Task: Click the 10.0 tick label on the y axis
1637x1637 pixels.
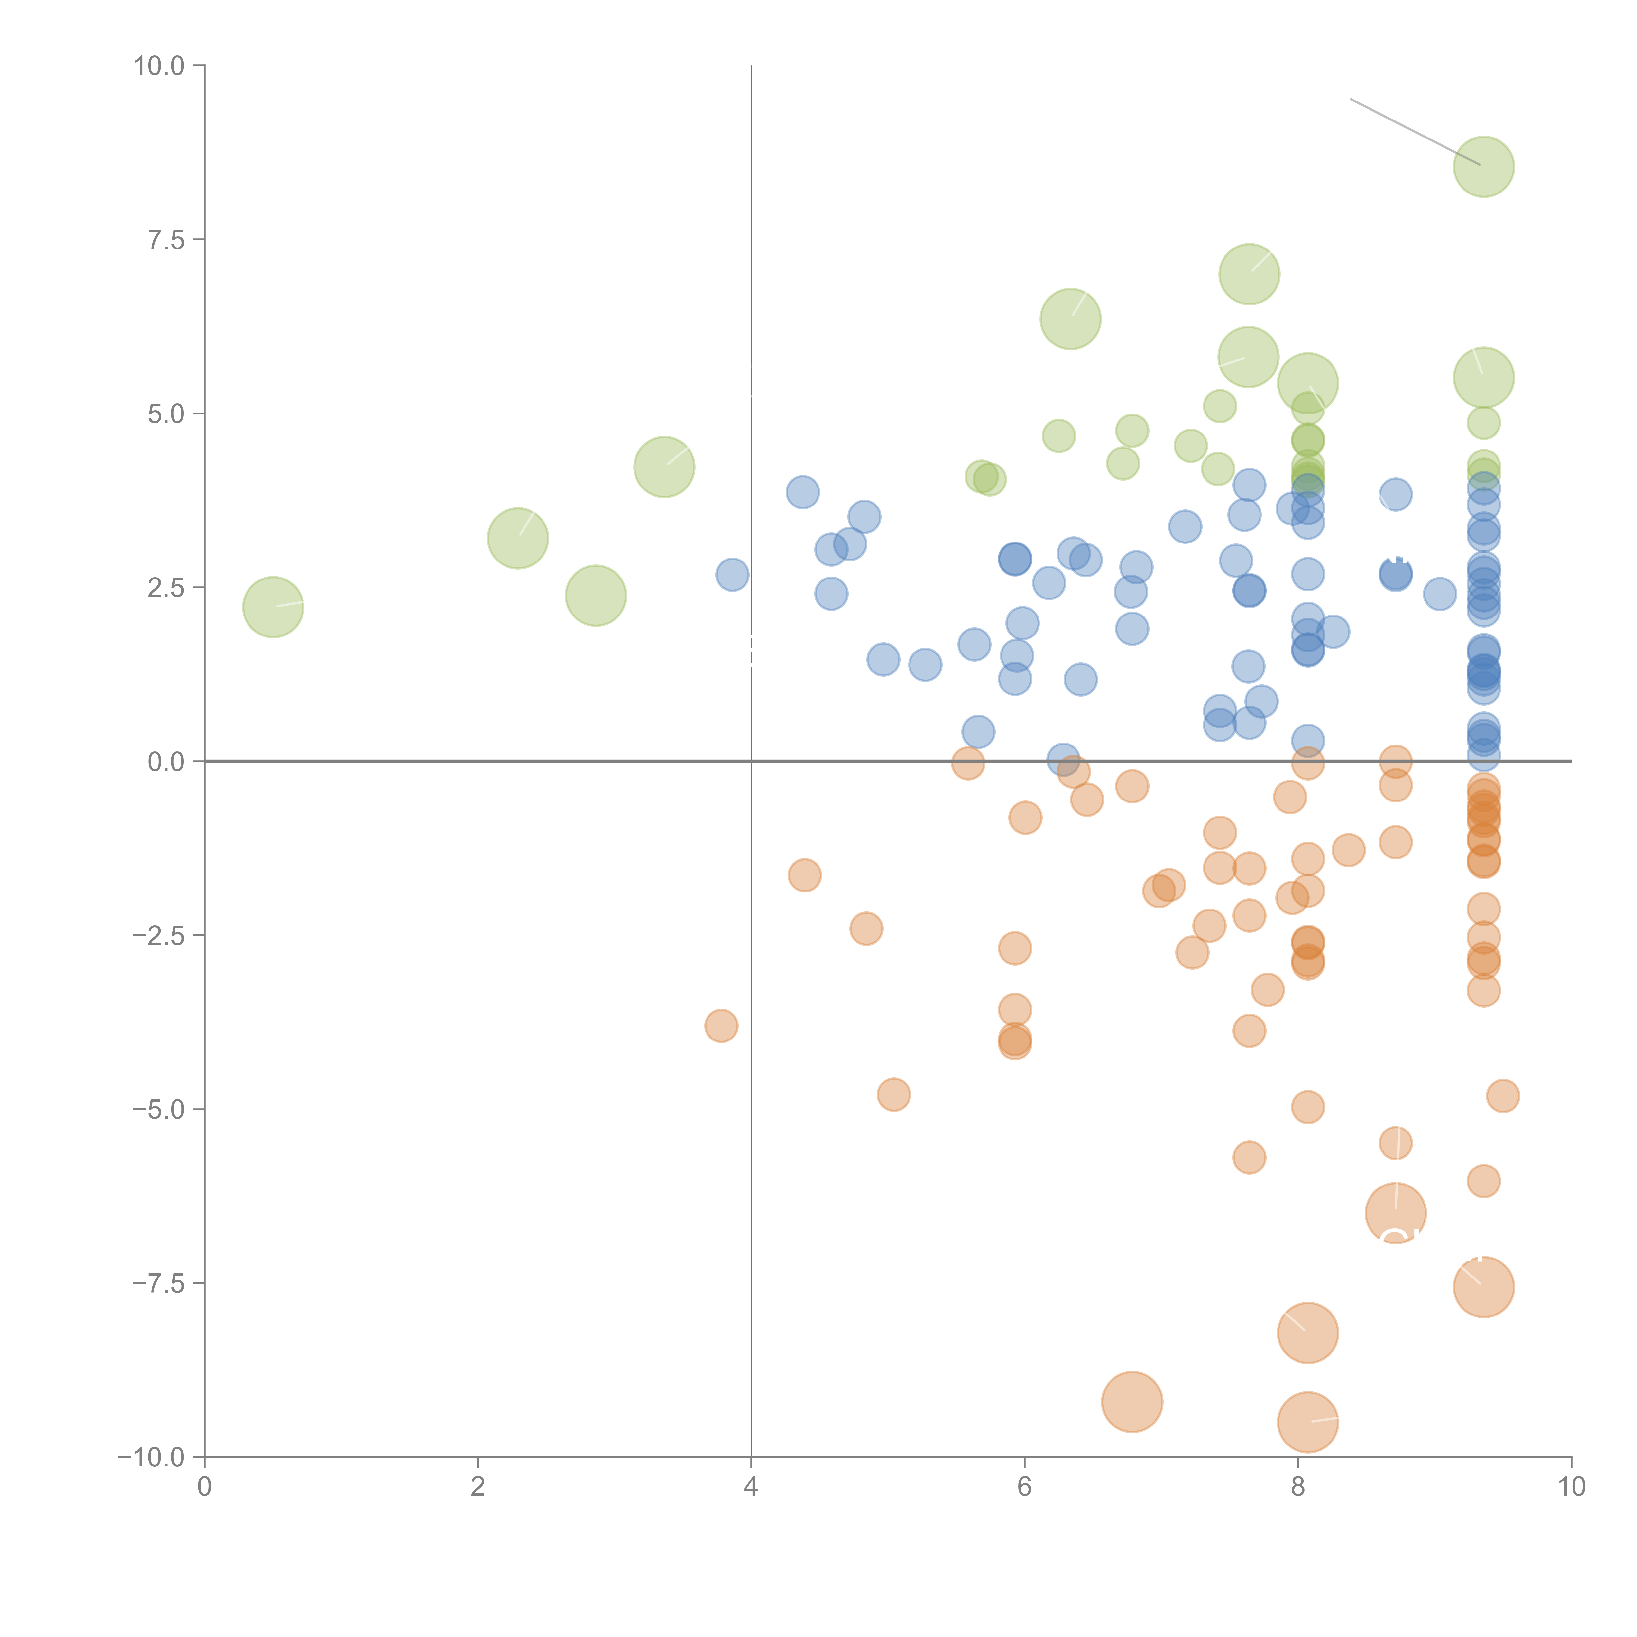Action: (159, 66)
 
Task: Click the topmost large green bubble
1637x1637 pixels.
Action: (1484, 166)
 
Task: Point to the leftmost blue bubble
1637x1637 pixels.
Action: (732, 575)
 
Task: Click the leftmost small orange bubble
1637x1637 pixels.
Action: (721, 1025)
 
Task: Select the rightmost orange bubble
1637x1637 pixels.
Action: (1503, 1095)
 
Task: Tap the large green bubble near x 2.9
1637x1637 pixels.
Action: (596, 596)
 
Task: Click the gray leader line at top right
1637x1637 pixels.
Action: (1415, 132)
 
